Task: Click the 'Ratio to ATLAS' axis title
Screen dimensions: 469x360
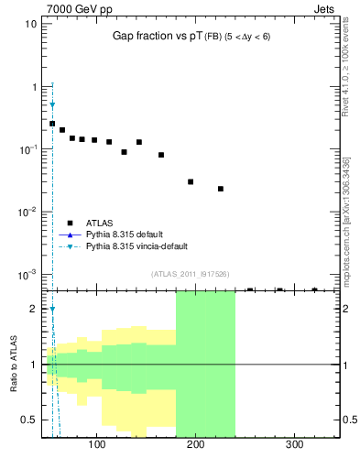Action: [14, 364]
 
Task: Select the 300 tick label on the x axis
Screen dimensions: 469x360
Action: [294, 445]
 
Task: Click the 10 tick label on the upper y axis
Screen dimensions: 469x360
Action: [31, 24]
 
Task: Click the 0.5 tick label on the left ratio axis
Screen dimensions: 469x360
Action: [29, 420]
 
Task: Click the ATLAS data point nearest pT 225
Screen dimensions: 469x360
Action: [221, 189]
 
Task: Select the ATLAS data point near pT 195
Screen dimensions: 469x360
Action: [191, 181]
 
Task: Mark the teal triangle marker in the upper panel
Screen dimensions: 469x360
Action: [52, 105]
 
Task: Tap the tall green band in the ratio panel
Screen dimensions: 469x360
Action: [205, 366]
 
